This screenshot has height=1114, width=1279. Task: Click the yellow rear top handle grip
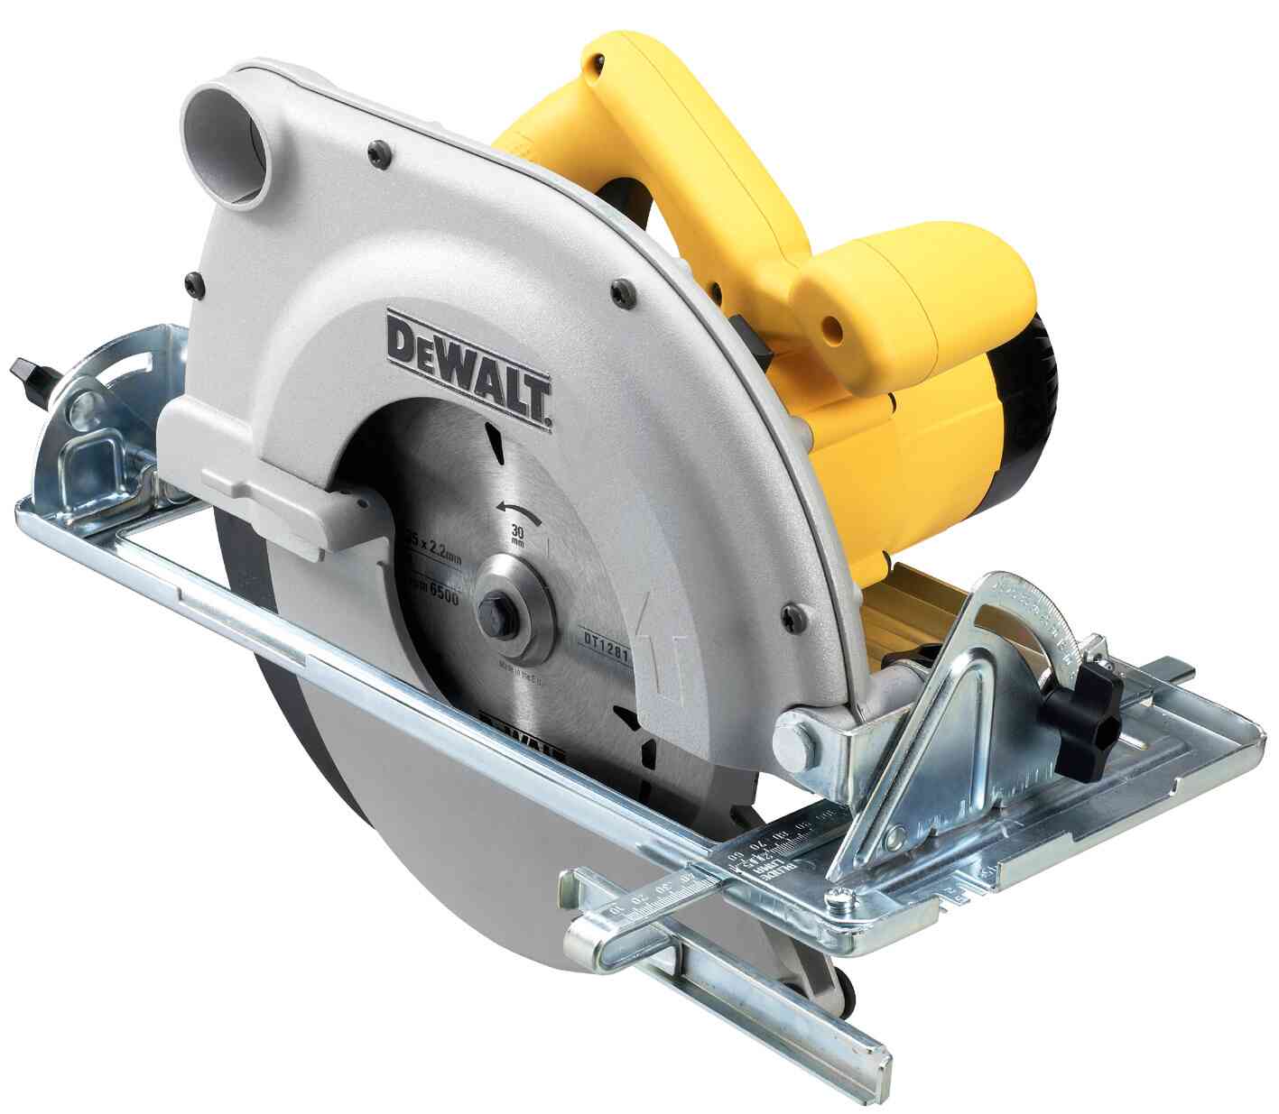point(668,135)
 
